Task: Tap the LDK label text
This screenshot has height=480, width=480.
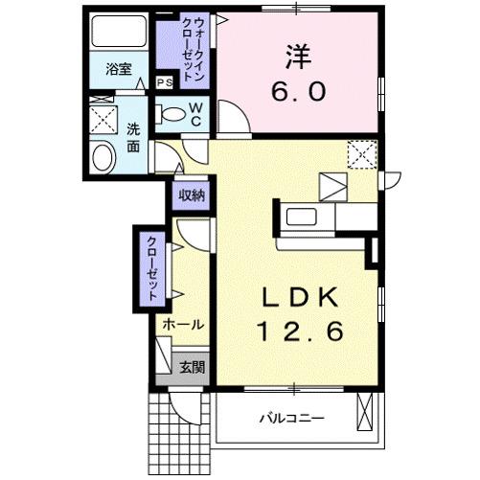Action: click(x=298, y=297)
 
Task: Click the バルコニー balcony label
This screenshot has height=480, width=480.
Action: click(x=291, y=419)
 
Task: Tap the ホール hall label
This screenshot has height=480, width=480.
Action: click(x=182, y=325)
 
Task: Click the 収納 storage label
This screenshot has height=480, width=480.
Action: click(x=191, y=195)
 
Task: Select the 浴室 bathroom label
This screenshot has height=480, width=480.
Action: click(x=118, y=69)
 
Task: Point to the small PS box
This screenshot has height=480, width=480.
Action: click(x=164, y=82)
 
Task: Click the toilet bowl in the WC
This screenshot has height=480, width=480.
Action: click(x=172, y=115)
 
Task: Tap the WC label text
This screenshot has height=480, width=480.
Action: click(x=194, y=115)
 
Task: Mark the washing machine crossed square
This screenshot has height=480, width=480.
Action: click(x=103, y=120)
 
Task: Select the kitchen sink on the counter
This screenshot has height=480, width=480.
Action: click(x=300, y=216)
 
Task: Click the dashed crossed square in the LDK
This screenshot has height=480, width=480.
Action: click(x=362, y=153)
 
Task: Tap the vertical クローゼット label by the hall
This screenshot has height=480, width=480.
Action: click(x=151, y=268)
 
